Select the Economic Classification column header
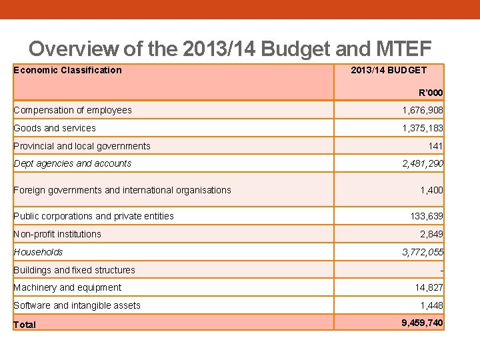pos(67,70)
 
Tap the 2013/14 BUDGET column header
pos(389,70)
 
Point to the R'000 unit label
pos(431,93)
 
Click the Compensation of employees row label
pos(73,110)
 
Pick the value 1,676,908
pos(422,110)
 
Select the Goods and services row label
pos(55,128)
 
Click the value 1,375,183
pos(422,128)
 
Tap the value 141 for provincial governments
pos(435,146)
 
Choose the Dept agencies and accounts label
pos(73,163)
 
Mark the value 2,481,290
pos(422,163)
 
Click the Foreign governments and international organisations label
pos(122,190)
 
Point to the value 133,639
pos(426,216)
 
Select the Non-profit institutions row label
pos(57,234)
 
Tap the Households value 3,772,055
pos(422,252)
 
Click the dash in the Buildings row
pos(441,271)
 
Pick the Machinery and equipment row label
pos(67,287)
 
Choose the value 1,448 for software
pos(431,305)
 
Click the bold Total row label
pos(25,325)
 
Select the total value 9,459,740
pos(422,323)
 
